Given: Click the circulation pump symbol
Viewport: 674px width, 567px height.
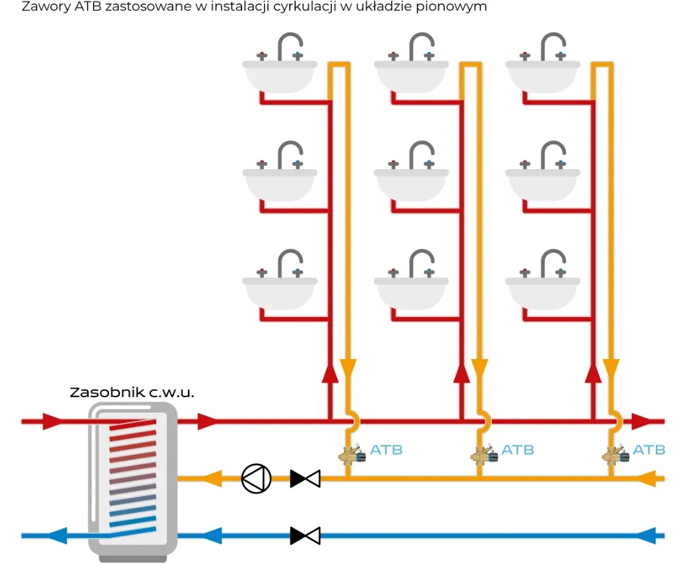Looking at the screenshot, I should [x=256, y=479].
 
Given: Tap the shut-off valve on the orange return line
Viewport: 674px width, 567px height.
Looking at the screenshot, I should [x=305, y=479].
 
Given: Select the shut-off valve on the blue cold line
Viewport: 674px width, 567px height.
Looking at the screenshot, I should [x=305, y=535].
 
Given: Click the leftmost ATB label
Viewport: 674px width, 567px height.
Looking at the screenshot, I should [x=386, y=449].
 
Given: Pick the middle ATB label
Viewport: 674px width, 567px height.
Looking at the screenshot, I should [x=518, y=449].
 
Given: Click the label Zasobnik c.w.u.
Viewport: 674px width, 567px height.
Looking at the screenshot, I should [x=132, y=393].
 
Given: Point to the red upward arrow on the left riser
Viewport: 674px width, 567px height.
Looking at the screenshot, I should [x=330, y=373].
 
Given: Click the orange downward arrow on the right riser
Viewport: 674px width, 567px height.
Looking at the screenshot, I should [x=611, y=369].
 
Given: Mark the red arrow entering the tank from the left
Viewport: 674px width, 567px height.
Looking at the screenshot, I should [x=52, y=422].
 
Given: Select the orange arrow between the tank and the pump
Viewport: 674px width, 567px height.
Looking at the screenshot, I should [x=212, y=479].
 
